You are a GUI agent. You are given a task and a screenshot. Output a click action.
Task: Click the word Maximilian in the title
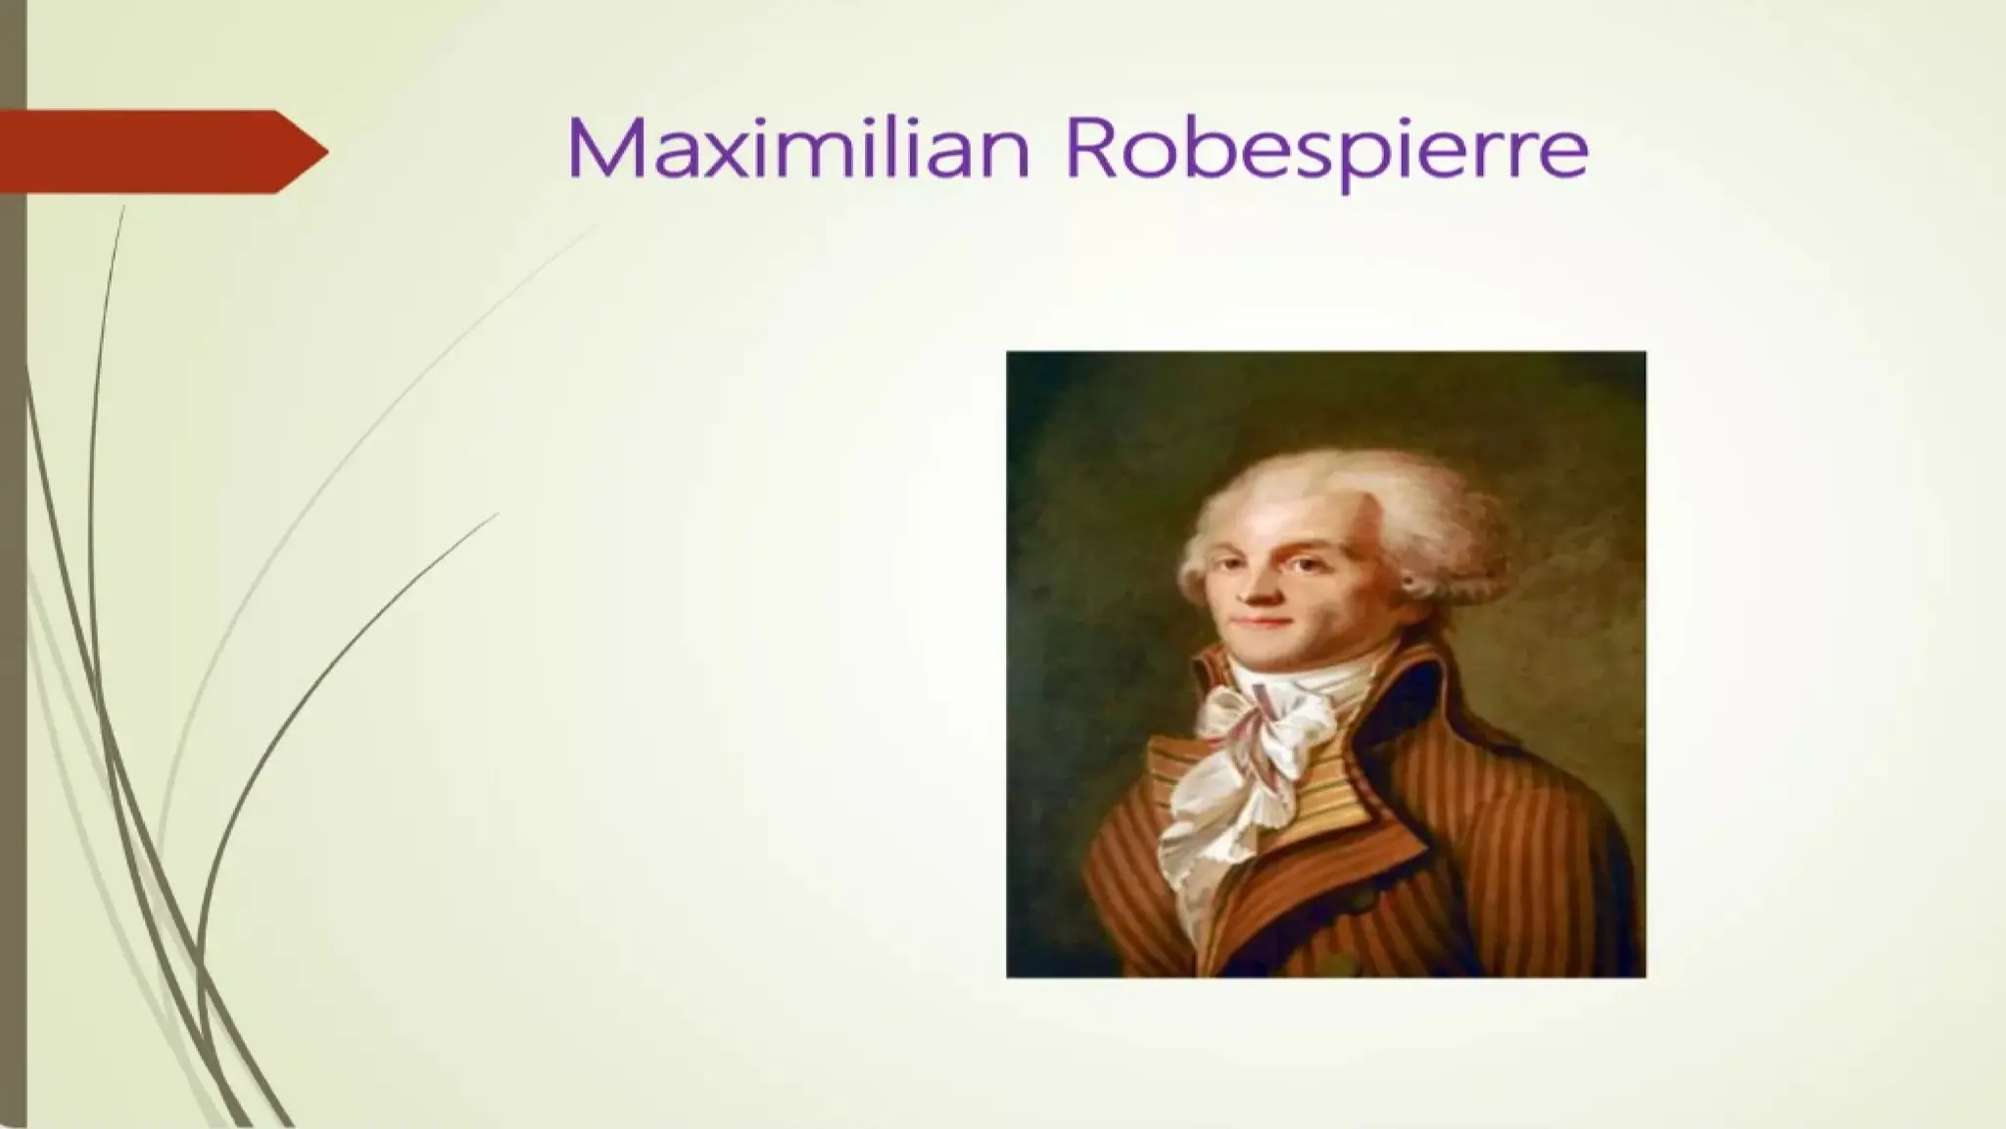[x=798, y=149]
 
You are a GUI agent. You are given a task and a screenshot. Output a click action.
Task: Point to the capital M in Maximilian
[x=600, y=149]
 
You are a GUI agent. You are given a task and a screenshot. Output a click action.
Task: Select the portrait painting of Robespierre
[x=1325, y=663]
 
